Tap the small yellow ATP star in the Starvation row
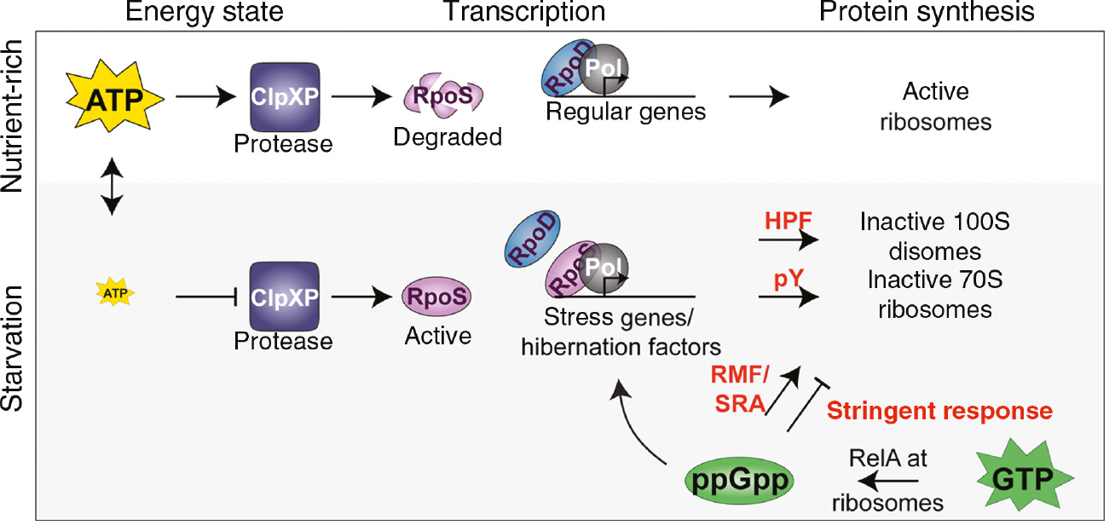click(112, 294)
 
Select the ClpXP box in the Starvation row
click(283, 297)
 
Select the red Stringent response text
click(940, 411)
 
